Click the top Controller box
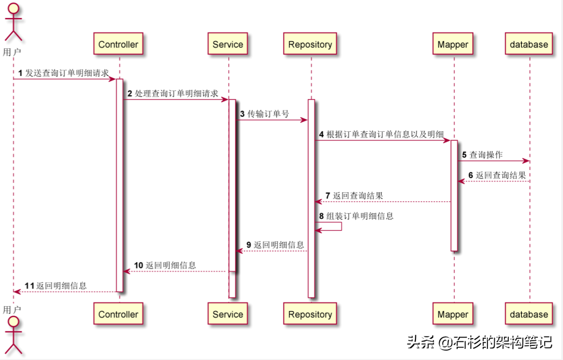[118, 44]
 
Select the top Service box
[228, 44]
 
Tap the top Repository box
[310, 44]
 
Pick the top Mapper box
[453, 44]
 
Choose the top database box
[529, 44]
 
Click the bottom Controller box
[118, 314]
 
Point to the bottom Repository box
[310, 314]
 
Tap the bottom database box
[529, 314]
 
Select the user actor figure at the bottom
[13, 336]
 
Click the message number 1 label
[20, 73]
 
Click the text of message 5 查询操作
[486, 155]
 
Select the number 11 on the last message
[30, 285]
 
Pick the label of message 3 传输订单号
[268, 114]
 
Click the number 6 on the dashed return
[471, 175]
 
